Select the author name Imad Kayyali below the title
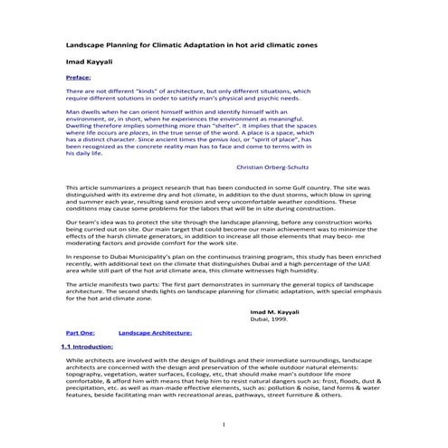(x=91, y=62)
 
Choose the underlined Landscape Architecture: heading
(x=153, y=333)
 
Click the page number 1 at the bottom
(x=223, y=424)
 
